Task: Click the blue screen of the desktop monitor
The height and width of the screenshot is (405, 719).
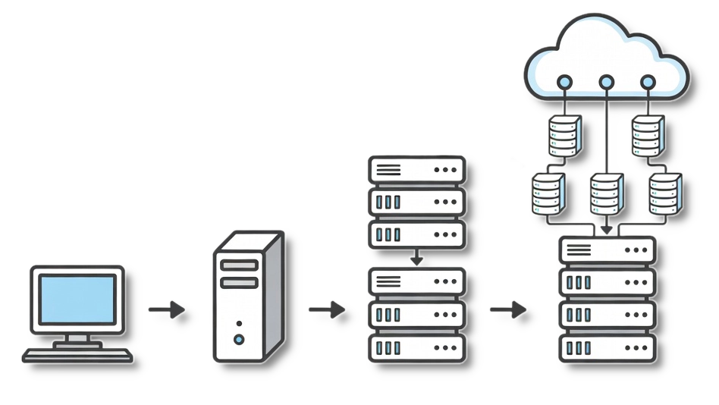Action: (x=77, y=299)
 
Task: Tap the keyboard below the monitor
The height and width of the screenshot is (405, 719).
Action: (x=77, y=354)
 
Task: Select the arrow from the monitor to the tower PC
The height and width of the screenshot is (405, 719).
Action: (x=166, y=309)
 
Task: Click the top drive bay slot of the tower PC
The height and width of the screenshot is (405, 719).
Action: (x=239, y=265)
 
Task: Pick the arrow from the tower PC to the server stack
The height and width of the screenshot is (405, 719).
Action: (x=325, y=309)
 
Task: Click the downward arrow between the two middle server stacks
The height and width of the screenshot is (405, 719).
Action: (x=416, y=257)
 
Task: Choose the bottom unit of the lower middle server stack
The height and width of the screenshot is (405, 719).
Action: (x=416, y=347)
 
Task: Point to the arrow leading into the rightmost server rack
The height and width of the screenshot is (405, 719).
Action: (x=507, y=309)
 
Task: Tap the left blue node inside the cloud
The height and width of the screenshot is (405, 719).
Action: (x=564, y=82)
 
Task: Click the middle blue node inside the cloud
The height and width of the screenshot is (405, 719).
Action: (x=605, y=82)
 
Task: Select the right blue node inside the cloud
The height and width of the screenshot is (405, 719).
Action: (x=647, y=82)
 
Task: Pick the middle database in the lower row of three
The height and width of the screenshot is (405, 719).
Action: (x=605, y=193)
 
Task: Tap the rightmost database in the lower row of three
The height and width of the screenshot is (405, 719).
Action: (x=664, y=193)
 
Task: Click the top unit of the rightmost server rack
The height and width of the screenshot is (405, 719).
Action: (x=607, y=250)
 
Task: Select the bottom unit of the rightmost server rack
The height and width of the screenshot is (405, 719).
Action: (x=607, y=347)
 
